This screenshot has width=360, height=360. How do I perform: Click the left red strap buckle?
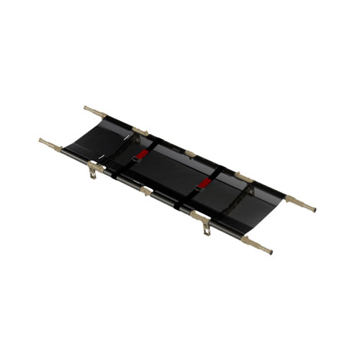[x=142, y=153]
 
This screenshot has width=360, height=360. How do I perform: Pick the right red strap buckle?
[x=205, y=184]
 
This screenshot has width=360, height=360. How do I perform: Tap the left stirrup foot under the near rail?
[x=93, y=171]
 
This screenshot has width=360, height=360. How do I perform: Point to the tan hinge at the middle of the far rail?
[x=190, y=153]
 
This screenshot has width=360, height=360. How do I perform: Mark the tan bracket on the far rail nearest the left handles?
[x=139, y=132]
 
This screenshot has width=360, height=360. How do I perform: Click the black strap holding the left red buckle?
[x=130, y=161]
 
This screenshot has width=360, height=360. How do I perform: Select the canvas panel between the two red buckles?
[x=173, y=170]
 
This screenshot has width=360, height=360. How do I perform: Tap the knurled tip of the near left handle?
[x=42, y=140]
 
